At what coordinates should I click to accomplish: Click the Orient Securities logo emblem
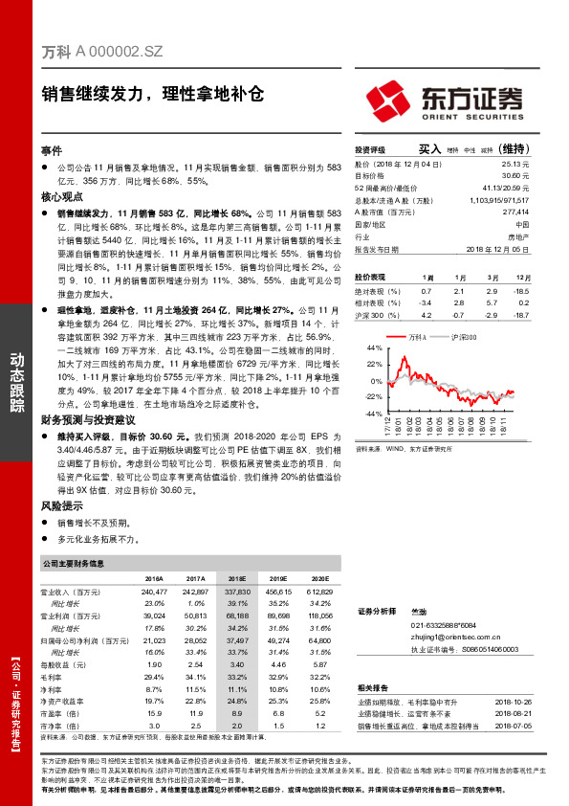[386, 98]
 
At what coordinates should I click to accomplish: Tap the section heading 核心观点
[57, 195]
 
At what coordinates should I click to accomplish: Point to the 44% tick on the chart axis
[374, 348]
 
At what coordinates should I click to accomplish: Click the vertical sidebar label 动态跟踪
[16, 384]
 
